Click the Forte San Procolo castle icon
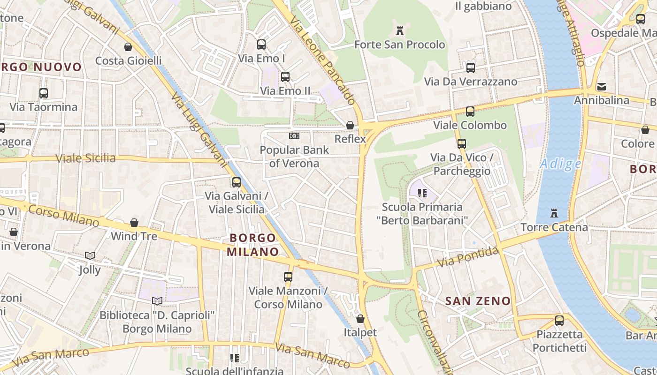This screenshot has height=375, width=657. [400, 31]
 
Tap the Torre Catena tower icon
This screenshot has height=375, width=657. [554, 213]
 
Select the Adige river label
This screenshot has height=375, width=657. [561, 164]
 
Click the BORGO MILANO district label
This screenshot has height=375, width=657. [253, 245]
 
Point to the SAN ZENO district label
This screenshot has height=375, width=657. [478, 301]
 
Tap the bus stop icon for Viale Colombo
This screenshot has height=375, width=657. [470, 112]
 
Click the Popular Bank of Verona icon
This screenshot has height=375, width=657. [294, 136]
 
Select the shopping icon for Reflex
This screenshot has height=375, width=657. [350, 125]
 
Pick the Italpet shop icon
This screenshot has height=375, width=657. [360, 319]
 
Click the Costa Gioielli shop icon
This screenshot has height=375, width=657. [128, 47]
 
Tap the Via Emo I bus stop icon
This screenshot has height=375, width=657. [261, 45]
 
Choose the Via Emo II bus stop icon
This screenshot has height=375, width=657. [285, 77]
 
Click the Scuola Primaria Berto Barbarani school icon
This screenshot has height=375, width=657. [422, 193]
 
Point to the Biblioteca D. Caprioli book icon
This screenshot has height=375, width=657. [157, 301]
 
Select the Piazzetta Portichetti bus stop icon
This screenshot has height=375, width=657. [559, 321]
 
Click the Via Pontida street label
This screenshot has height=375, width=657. [467, 257]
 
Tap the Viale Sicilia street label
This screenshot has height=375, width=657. [86, 158]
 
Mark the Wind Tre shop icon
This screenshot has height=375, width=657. [134, 222]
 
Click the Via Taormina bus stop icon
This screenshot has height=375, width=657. [44, 93]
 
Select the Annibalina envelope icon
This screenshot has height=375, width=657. [601, 87]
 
